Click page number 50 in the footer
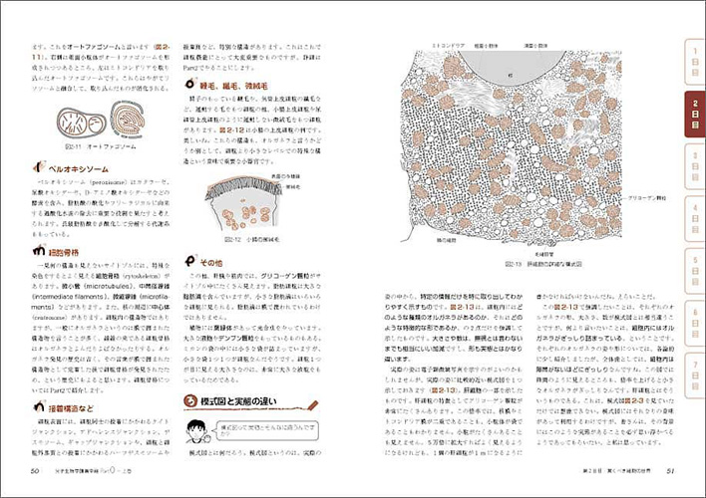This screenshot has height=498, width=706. coord(35,471)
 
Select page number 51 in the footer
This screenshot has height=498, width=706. coord(670,471)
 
